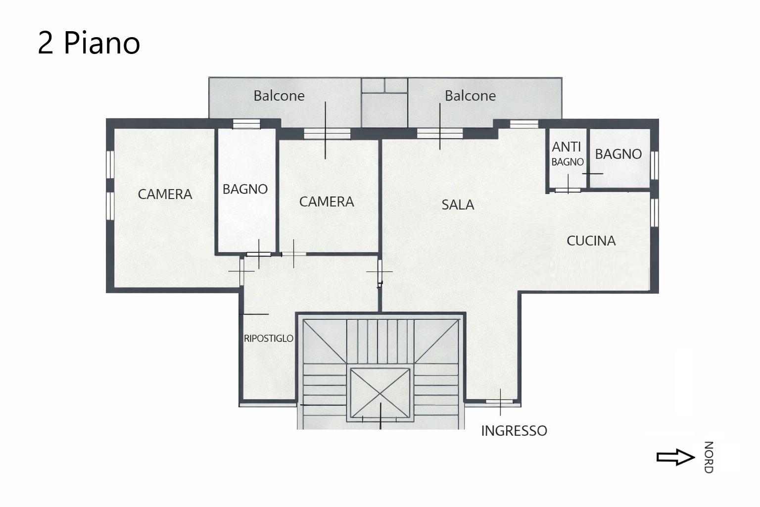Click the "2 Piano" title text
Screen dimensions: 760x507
(89, 43)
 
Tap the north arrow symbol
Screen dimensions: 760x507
(675, 457)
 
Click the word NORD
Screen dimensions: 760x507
(709, 457)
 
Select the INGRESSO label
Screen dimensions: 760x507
(514, 431)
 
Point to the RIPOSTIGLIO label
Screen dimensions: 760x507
(269, 338)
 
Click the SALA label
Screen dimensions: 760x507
(458, 205)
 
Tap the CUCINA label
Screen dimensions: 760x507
(591, 241)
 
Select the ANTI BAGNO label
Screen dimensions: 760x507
(568, 154)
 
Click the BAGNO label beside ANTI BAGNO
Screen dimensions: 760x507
(618, 154)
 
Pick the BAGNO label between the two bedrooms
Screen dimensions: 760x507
(245, 189)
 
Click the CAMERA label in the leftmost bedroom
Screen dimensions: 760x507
(165, 194)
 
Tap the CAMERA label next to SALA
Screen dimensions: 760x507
(327, 202)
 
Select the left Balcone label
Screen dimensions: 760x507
(279, 96)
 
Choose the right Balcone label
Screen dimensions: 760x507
(470, 96)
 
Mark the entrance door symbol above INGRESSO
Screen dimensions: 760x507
(500, 402)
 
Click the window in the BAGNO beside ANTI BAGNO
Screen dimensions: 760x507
(655, 165)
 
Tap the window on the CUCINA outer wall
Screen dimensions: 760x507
(655, 212)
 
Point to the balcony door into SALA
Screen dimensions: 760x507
(440, 133)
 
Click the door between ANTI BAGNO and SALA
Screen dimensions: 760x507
(568, 190)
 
